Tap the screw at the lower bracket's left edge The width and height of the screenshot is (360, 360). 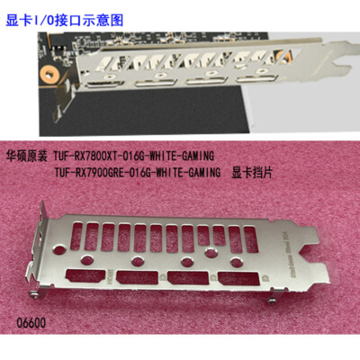(x=33, y=291)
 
